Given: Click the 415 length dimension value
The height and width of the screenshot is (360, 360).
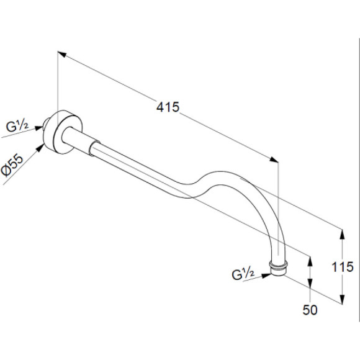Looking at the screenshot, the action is click(168, 107).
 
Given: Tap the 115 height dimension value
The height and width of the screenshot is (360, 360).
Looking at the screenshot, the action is click(343, 267).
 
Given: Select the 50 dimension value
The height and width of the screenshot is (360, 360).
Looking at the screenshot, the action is click(310, 310).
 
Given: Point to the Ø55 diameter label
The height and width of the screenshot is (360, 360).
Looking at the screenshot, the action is click(12, 166).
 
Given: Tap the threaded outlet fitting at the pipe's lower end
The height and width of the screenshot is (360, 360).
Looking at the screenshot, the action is click(279, 268).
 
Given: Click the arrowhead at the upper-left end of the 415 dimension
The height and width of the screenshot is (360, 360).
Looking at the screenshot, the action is click(61, 54).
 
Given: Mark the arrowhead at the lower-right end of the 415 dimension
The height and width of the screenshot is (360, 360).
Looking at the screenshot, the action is click(274, 160).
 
